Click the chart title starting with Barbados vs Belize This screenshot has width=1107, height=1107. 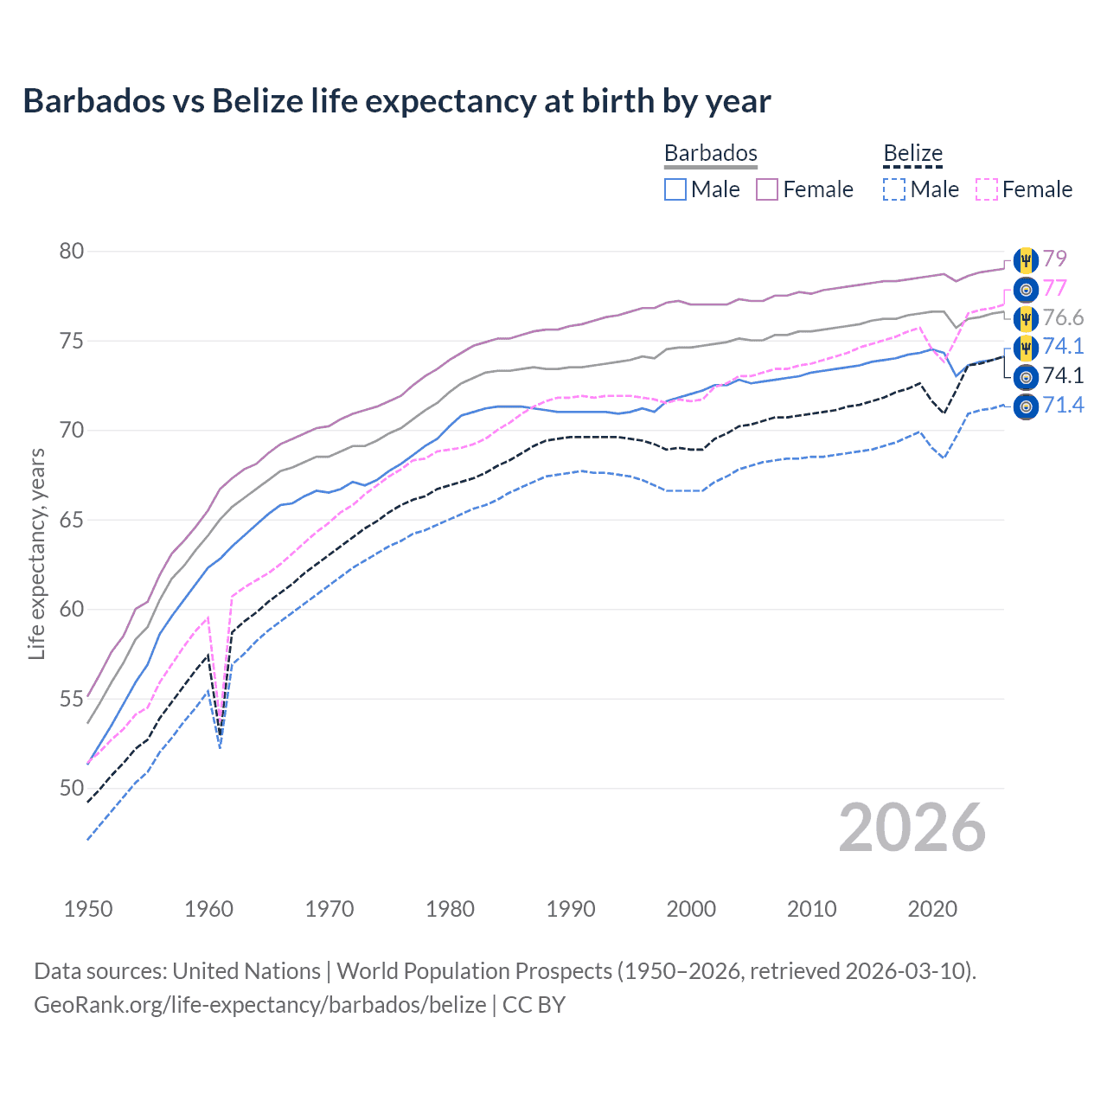(x=396, y=101)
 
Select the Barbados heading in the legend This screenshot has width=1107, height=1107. (x=710, y=153)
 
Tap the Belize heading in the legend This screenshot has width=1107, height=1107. (x=912, y=153)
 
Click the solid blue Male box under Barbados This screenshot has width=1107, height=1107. (x=675, y=189)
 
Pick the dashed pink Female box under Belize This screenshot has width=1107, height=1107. (x=987, y=189)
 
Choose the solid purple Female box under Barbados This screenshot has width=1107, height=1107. (x=767, y=189)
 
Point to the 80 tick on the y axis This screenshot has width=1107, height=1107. (x=72, y=252)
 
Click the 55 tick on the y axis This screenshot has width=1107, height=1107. (x=72, y=699)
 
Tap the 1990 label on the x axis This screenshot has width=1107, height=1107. (x=571, y=909)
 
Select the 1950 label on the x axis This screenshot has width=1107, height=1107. (x=88, y=909)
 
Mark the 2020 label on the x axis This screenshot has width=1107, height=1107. (x=932, y=909)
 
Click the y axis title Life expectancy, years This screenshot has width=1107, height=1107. (x=36, y=553)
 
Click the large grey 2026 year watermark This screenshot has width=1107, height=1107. (x=912, y=828)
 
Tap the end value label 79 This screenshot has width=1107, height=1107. (x=1054, y=259)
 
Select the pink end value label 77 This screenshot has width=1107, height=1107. (x=1054, y=288)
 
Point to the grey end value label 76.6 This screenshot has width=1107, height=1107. (x=1063, y=317)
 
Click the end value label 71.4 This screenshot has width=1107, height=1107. (x=1063, y=405)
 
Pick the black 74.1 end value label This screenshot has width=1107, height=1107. (x=1063, y=375)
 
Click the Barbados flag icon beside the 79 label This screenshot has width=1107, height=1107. (x=1026, y=259)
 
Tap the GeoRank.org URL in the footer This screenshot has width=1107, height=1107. (x=259, y=1004)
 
